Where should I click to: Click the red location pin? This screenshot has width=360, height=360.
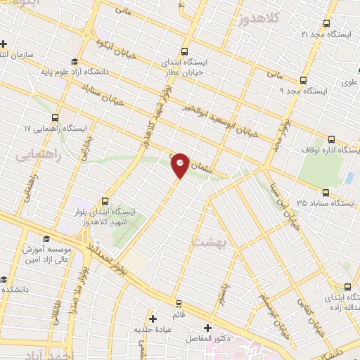click(x=180, y=164)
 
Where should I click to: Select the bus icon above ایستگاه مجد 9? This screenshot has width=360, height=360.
click(x=303, y=80)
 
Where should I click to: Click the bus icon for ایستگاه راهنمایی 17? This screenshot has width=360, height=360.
click(x=56, y=118)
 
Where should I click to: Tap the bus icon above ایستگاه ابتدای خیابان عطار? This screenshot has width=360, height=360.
click(x=184, y=51)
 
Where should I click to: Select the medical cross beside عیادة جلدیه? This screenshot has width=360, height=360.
click(x=152, y=318)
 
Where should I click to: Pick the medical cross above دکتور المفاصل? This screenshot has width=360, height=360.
click(x=207, y=327)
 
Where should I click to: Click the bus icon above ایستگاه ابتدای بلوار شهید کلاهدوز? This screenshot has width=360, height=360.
click(x=106, y=200)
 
